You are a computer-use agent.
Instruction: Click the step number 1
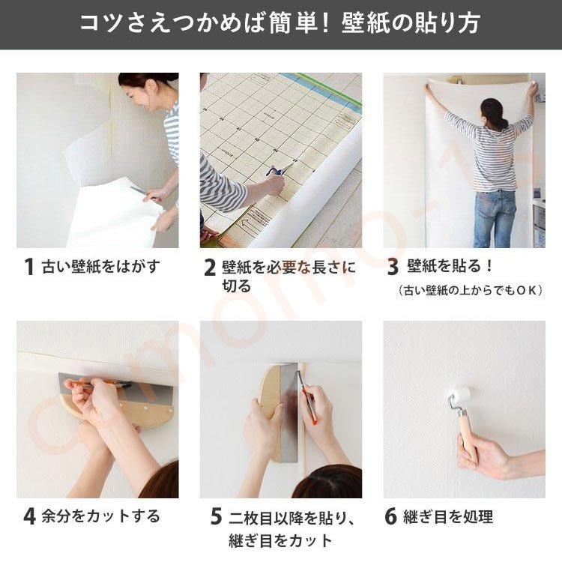click(x=29, y=267)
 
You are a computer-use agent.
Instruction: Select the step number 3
click(x=393, y=267)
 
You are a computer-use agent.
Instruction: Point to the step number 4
click(x=29, y=516)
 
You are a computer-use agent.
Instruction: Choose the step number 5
click(x=216, y=517)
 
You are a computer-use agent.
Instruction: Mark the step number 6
click(x=390, y=516)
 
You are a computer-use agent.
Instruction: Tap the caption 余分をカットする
click(x=100, y=516)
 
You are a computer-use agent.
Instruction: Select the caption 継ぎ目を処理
click(x=448, y=516)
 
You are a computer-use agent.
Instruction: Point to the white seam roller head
click(x=460, y=396)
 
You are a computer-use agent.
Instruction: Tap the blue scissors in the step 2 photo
click(x=276, y=171)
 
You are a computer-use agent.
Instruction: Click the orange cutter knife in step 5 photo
click(x=307, y=397)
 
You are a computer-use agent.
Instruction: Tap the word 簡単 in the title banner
click(x=295, y=23)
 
